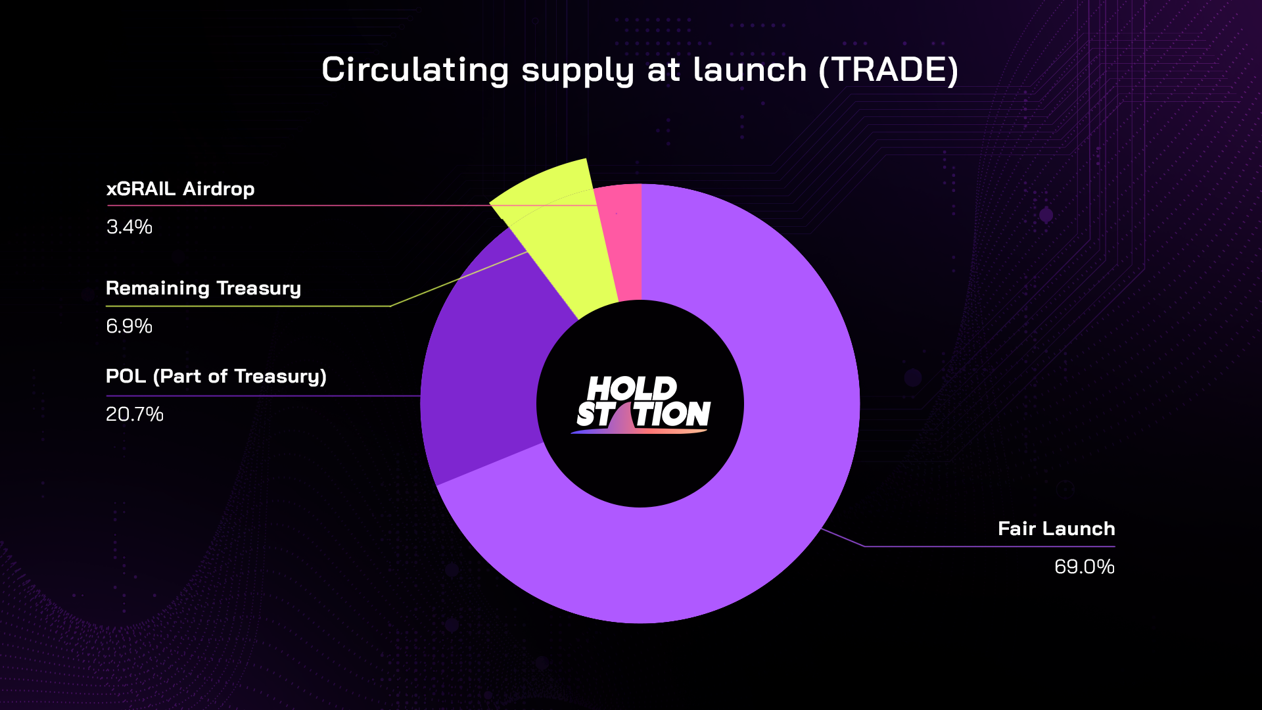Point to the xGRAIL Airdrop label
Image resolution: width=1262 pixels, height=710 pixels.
[180, 189]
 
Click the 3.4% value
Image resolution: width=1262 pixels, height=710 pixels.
[129, 227]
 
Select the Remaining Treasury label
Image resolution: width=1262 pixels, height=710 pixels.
[203, 289]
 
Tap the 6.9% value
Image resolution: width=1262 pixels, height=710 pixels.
[129, 326]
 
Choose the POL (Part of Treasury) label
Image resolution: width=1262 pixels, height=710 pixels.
[216, 376]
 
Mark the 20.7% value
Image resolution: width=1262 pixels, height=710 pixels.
[135, 414]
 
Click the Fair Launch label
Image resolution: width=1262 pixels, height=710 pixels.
[1056, 529]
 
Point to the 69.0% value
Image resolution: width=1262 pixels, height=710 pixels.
[1085, 567]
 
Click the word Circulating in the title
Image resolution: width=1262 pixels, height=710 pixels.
[415, 70]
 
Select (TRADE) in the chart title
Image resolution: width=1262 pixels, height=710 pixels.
[889, 70]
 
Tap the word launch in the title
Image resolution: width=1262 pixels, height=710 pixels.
[750, 70]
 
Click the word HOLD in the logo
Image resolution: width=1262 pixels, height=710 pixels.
[632, 389]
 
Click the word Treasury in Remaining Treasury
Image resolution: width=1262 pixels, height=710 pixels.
[258, 289]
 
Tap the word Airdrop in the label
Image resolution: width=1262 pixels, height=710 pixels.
[219, 189]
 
